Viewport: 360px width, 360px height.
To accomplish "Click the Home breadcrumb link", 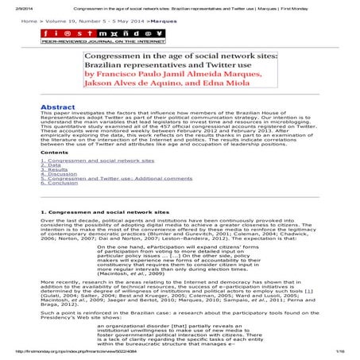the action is (x=28, y=22).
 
